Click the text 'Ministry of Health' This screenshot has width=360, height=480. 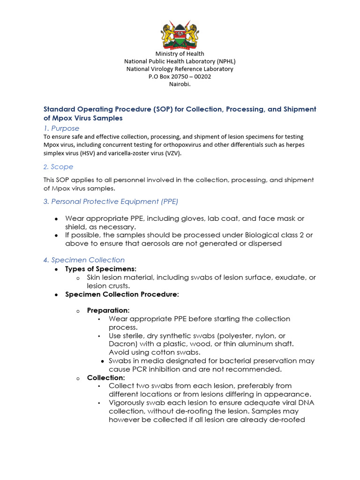pyautogui.click(x=180, y=53)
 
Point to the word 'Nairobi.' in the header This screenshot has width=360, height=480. pyautogui.click(x=180, y=84)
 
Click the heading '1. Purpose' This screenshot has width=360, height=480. pyautogui.click(x=61, y=128)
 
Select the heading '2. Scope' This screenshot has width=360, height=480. pyautogui.click(x=58, y=166)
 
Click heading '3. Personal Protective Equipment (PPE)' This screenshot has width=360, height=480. pyautogui.click(x=111, y=201)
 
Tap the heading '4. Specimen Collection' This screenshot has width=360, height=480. pyautogui.click(x=84, y=260)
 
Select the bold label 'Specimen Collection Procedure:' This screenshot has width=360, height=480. pyautogui.click(x=122, y=294)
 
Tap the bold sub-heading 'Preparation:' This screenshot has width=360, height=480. pyautogui.click(x=108, y=310)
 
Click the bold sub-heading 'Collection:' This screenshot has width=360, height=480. pyautogui.click(x=106, y=377)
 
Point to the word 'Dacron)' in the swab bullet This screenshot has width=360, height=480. pyautogui.click(x=122, y=344)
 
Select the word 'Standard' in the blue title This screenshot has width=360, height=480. pyautogui.click(x=60, y=109)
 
